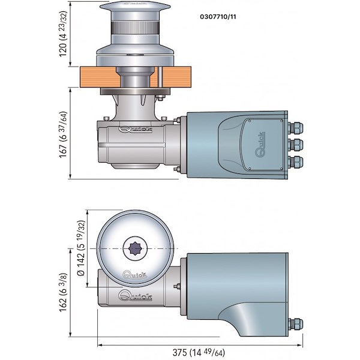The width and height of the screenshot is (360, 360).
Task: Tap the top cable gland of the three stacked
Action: tap(295, 128)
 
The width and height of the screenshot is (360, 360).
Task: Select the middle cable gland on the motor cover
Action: tap(295, 144)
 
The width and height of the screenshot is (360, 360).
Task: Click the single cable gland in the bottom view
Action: tap(295, 323)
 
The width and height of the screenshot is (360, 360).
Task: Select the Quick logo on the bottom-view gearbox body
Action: tap(135, 295)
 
